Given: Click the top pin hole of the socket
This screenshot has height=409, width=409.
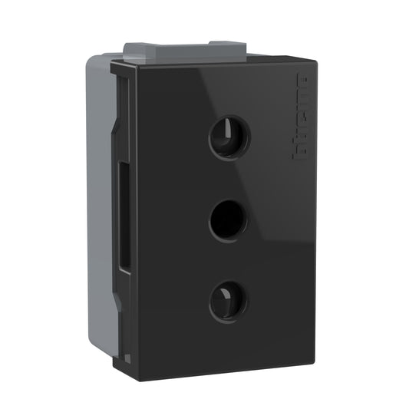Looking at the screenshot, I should (x=229, y=139).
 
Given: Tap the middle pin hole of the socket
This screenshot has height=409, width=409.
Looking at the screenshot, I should (x=229, y=220).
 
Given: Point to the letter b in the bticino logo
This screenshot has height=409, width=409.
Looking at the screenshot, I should (x=301, y=151).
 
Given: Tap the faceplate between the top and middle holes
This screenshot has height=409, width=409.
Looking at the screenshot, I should (x=229, y=180).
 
